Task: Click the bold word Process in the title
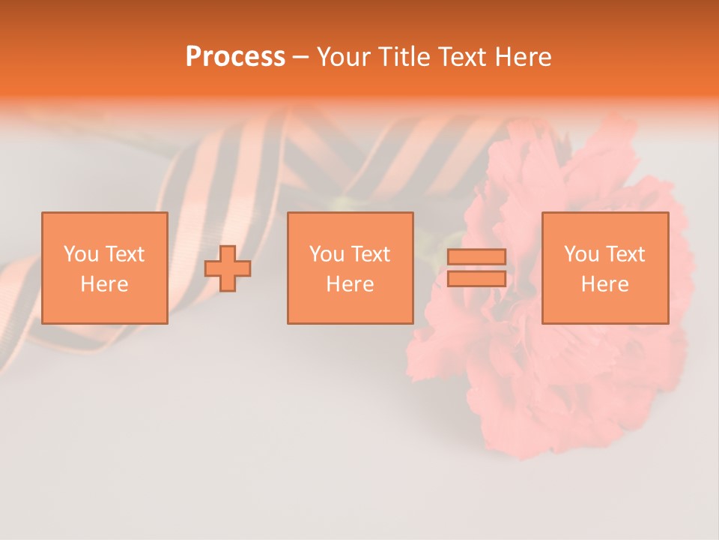click(235, 57)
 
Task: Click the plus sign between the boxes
click(228, 268)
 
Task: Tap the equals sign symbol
click(476, 268)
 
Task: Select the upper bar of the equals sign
click(476, 257)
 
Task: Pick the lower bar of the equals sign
click(476, 278)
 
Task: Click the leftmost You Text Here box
click(104, 268)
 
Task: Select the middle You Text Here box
click(350, 268)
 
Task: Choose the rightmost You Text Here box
click(604, 268)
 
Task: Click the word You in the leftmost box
click(81, 254)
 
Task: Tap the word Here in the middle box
click(350, 284)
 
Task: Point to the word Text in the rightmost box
click(624, 254)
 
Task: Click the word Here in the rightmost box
click(604, 284)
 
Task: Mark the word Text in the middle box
click(369, 254)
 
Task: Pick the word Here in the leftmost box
click(104, 284)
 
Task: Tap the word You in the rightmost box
click(581, 254)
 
